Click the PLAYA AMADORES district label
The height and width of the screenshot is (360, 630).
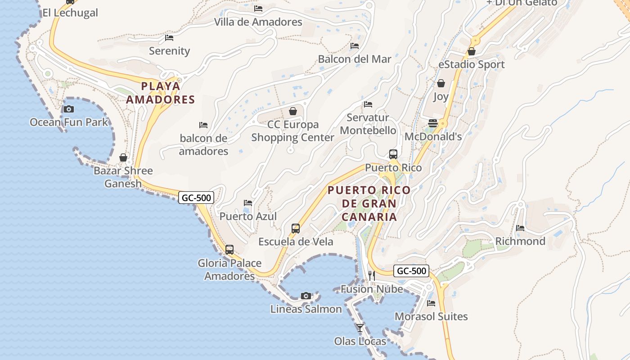pos(160,93)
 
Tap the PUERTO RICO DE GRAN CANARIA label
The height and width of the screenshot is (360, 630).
pos(369,203)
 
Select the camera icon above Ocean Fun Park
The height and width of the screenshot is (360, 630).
pos(69,109)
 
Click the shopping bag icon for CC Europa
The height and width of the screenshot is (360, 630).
pos(293,111)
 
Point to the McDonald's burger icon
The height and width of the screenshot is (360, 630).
pos(433,123)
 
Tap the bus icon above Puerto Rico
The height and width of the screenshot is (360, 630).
pos(393,154)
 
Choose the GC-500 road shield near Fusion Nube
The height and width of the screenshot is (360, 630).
pos(411,271)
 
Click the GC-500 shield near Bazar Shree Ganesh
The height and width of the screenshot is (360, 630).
pos(196,197)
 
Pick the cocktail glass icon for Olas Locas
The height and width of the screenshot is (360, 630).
pos(360,328)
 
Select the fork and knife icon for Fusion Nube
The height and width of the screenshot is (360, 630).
pos(372,275)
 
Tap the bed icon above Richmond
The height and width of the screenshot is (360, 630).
pos(520,228)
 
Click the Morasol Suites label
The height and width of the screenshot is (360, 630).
pos(431,316)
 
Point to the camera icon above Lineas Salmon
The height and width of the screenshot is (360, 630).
pos(306,296)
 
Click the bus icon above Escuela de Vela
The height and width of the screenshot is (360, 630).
pos(296,228)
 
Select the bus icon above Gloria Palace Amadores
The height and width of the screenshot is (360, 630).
pos(229,250)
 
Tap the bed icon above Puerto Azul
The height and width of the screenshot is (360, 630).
pos(248,203)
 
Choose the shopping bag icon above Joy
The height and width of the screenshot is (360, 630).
pos(441,83)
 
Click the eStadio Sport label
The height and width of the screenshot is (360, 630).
pos(472,64)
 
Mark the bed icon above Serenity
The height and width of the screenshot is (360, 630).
pos(169,38)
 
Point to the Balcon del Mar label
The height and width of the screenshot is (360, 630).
pos(355,59)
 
